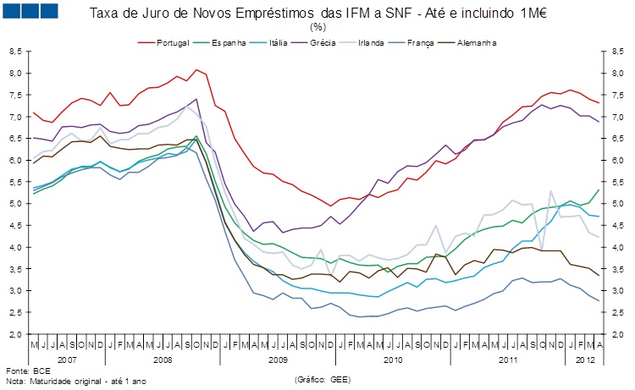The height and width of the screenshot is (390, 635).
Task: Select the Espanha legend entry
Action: click(232, 41)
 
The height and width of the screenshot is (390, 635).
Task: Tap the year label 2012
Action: click(584, 360)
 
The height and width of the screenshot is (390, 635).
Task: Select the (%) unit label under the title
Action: click(317, 27)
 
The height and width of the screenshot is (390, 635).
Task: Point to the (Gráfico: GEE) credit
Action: click(322, 382)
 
